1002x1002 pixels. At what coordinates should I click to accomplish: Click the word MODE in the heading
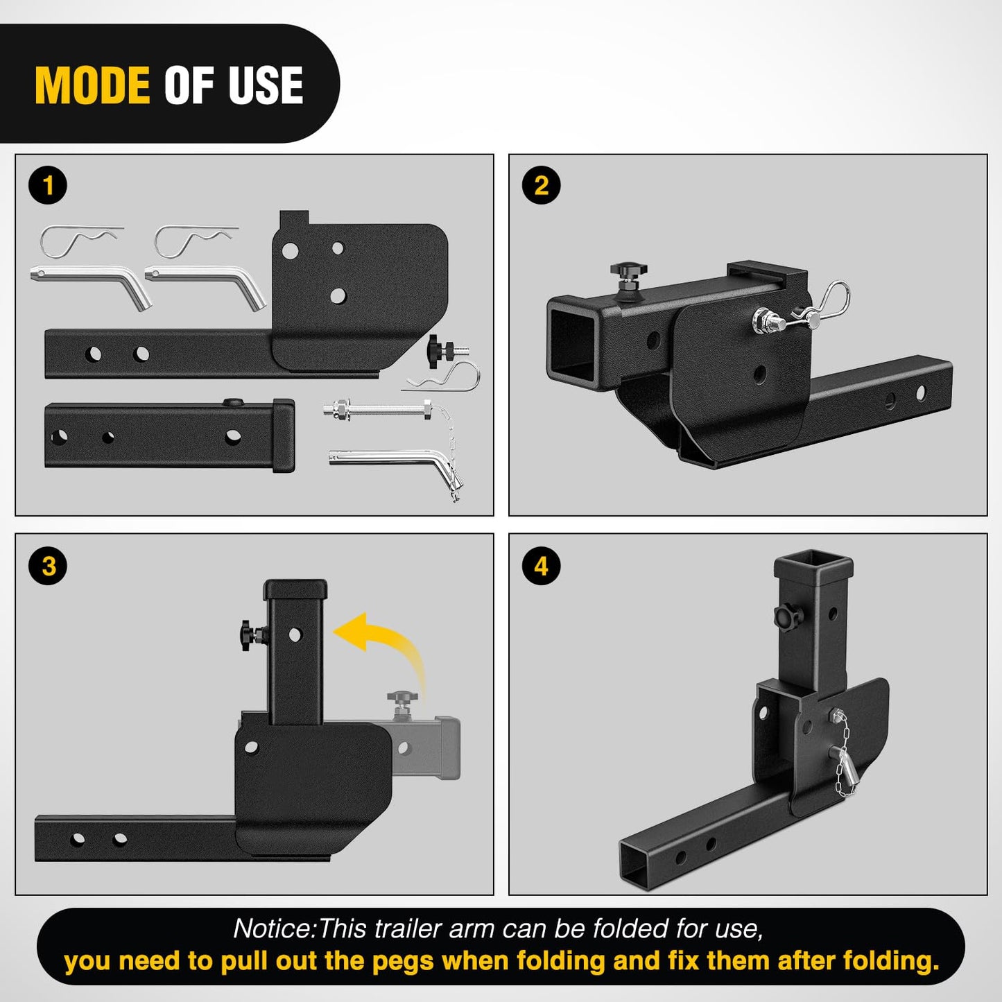point(92,85)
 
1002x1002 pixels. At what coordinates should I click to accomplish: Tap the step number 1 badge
point(48,185)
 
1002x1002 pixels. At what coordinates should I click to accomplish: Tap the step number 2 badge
point(542,185)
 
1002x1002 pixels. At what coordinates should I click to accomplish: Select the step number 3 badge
point(49,566)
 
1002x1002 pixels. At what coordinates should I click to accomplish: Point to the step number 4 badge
point(542,566)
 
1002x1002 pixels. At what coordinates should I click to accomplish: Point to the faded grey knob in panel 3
point(399,702)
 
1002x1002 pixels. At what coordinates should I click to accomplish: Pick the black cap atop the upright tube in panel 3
point(295,589)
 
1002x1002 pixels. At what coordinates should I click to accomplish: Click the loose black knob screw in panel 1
point(444,347)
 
